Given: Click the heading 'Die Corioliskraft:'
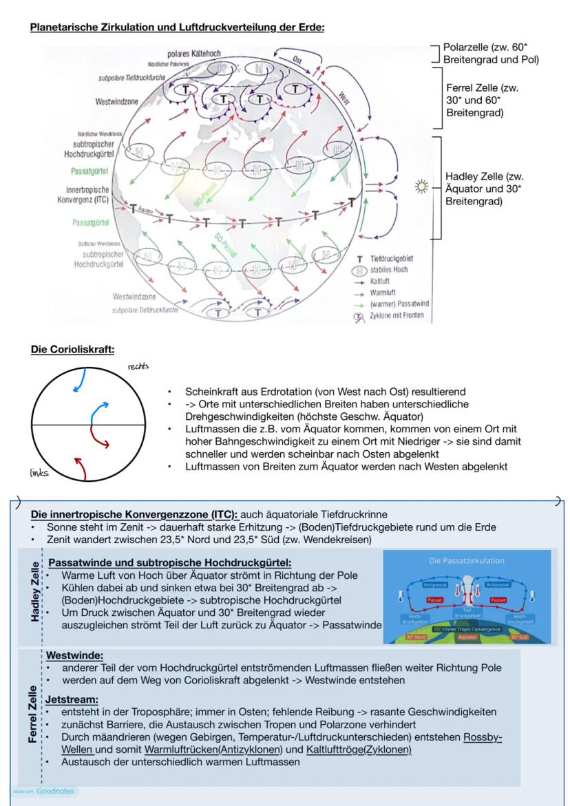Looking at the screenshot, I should tap(72, 350).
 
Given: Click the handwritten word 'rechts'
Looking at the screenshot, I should tap(138, 366).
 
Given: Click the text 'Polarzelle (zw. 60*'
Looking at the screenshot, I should tap(494, 47).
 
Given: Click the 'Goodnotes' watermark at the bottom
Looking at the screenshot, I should tap(47, 791).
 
